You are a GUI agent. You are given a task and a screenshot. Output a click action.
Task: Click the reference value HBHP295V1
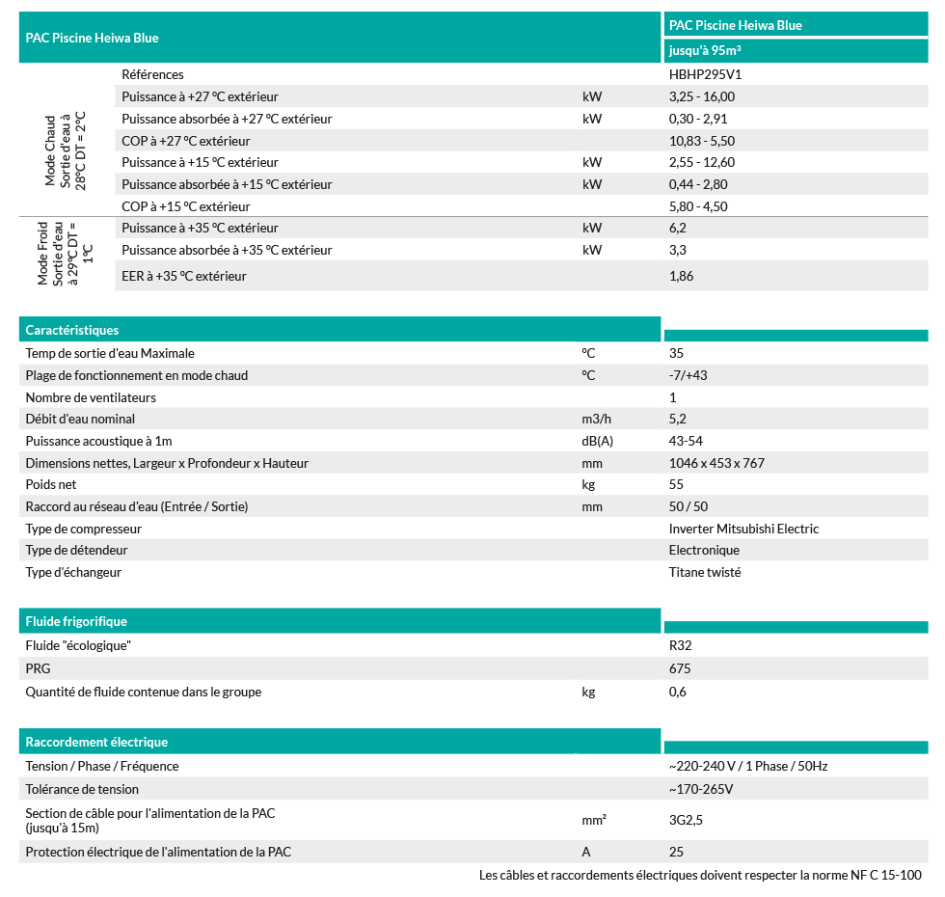[x=704, y=74]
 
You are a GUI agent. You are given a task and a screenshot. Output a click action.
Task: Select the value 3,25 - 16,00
[x=701, y=96]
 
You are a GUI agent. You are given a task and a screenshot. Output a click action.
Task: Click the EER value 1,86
[x=681, y=276]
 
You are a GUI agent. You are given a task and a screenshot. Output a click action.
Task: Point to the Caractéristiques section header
[x=72, y=330]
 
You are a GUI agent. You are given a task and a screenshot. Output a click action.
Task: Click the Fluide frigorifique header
[x=76, y=621]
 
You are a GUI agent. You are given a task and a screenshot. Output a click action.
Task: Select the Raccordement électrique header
[x=96, y=742]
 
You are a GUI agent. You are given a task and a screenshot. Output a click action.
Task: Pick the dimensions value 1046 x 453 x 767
[x=716, y=463]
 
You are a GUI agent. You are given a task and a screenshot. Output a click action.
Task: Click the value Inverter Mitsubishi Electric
[x=743, y=529]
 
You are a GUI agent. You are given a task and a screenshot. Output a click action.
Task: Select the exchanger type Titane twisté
[x=705, y=572]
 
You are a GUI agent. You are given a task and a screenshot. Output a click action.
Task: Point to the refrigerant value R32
[x=680, y=645]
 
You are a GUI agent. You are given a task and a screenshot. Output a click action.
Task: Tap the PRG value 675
[x=679, y=668]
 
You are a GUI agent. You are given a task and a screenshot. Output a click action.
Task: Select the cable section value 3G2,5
[x=687, y=821]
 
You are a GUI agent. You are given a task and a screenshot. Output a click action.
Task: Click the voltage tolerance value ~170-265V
[x=701, y=789]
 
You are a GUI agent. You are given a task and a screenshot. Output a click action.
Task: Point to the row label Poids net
[x=51, y=484]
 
